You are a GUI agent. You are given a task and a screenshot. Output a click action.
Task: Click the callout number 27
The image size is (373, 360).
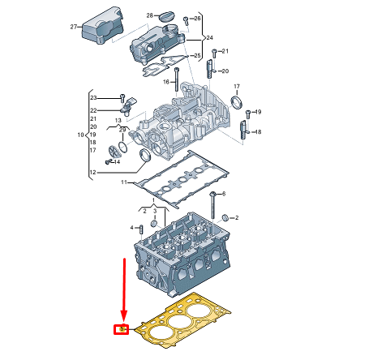pyautogui.click(x=74, y=27)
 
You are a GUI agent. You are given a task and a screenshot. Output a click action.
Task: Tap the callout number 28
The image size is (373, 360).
pyautogui.click(x=149, y=15)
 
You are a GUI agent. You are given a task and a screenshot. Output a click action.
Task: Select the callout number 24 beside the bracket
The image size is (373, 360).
pyautogui.click(x=208, y=38)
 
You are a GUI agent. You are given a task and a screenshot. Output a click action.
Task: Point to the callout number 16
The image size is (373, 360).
pyautogui.click(x=165, y=82)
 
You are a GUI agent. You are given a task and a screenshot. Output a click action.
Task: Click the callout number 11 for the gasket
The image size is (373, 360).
pyautogui.click(x=125, y=184)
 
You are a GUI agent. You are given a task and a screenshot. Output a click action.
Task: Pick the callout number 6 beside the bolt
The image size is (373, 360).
pyautogui.click(x=224, y=195)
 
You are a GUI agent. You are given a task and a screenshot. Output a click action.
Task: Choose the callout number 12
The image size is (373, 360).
pyautogui.click(x=93, y=173)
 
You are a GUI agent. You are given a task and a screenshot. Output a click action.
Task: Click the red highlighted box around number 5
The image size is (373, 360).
pyautogui.click(x=122, y=329)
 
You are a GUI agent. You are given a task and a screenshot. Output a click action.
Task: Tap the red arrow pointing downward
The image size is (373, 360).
pyautogui.click(x=124, y=292)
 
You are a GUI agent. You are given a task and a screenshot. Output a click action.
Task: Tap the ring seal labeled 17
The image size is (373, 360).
pyautogui.click(x=237, y=102)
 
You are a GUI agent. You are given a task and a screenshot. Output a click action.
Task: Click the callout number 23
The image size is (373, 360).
pyautogui.click(x=93, y=98)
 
